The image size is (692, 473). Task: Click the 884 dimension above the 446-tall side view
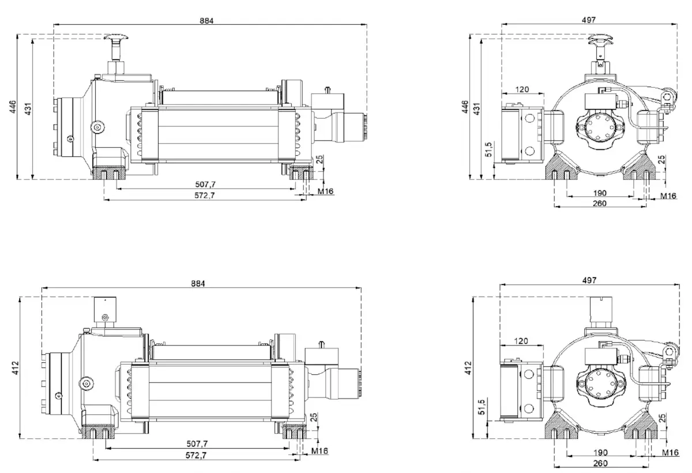[x=207, y=20]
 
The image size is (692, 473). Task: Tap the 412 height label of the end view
[x=468, y=367]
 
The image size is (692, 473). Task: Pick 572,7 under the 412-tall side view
[x=197, y=455]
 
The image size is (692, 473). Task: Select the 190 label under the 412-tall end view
[x=600, y=453]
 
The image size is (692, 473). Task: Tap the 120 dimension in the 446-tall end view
[x=522, y=89]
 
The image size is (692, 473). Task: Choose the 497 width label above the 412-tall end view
[x=589, y=280]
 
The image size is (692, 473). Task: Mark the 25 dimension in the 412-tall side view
[x=314, y=416]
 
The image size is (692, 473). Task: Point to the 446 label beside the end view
[x=466, y=108]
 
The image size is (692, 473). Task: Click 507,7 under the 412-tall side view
[x=197, y=444]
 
